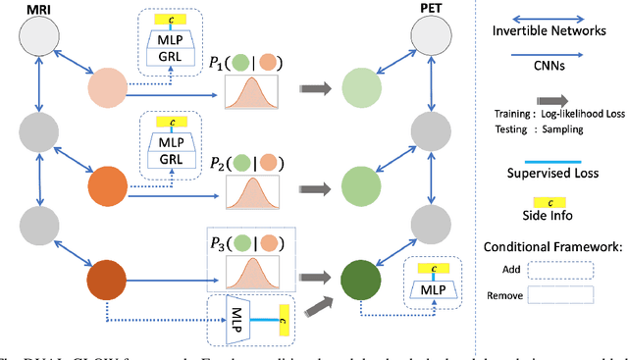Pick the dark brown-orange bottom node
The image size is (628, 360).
(x=108, y=279)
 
